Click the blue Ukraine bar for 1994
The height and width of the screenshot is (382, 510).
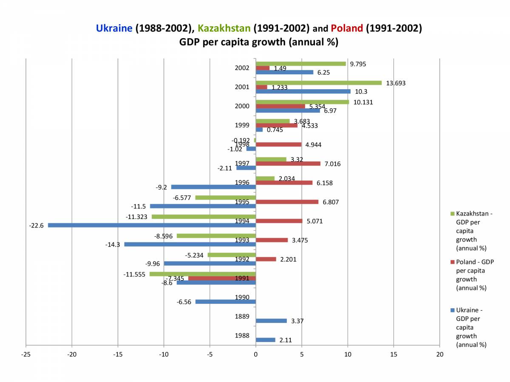pyautogui.click(x=152, y=225)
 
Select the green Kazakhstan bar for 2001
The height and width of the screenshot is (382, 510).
pyautogui.click(x=319, y=83)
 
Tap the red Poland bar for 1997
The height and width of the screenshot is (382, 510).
pyautogui.click(x=288, y=164)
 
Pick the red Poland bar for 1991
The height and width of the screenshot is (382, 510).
pyautogui.click(x=222, y=278)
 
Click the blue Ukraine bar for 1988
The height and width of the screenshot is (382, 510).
pyautogui.click(x=265, y=340)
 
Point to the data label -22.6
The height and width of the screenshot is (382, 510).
pyautogui.click(x=36, y=225)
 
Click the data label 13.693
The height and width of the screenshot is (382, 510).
pyautogui.click(x=396, y=83)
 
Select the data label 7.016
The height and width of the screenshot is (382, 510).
pyautogui.click(x=332, y=164)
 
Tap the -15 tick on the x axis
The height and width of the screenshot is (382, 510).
pyautogui.click(x=118, y=354)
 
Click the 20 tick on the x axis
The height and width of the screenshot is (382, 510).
pyautogui.click(x=440, y=354)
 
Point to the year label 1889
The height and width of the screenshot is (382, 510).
pyautogui.click(x=242, y=317)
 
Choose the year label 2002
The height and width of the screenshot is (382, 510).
pyautogui.click(x=242, y=68)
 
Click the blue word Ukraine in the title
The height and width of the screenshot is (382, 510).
pyautogui.click(x=114, y=28)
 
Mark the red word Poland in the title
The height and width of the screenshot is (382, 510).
pyautogui.click(x=347, y=28)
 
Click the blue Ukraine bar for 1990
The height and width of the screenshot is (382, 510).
pyautogui.click(x=225, y=302)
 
